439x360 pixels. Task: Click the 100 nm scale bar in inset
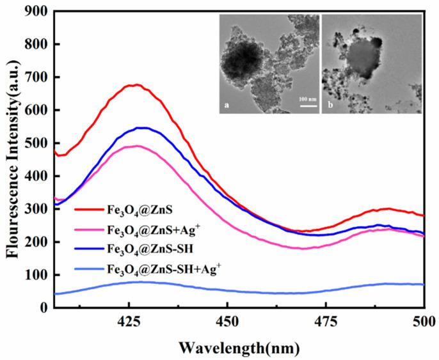click(x=308, y=105)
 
